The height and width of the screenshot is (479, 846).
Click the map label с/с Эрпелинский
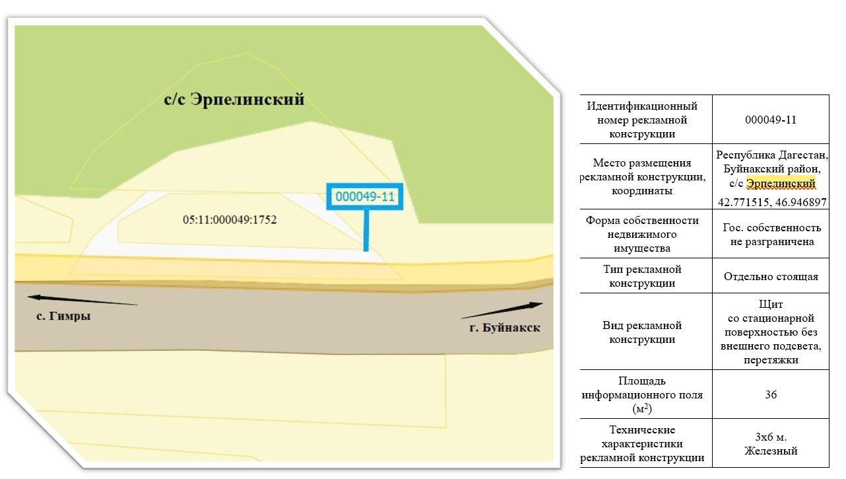point(234,100)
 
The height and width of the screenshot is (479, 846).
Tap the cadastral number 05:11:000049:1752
point(230,219)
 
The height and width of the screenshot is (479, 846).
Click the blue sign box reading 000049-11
point(365,197)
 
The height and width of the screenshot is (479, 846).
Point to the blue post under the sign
point(366,230)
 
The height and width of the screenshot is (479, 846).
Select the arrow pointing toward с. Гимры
point(82,300)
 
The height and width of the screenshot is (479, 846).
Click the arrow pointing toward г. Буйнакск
point(502,311)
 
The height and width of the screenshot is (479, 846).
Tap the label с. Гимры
point(63,316)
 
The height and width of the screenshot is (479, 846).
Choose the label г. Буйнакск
point(505,328)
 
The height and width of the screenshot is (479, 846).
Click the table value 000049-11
point(771,120)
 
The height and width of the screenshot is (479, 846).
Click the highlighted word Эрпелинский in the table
point(781,184)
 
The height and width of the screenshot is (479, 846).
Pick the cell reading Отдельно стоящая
point(771,276)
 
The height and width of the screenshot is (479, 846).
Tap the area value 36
point(771,394)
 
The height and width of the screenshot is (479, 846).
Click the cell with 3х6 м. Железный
point(771,444)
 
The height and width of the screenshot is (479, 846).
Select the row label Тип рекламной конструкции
point(642,276)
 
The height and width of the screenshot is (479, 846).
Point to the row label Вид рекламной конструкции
point(642,332)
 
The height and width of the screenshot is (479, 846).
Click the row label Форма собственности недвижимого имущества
point(642,234)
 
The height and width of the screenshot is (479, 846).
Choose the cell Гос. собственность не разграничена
point(771,235)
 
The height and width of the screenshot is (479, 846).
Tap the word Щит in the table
point(771,304)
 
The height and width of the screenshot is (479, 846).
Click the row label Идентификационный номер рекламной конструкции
point(642,120)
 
